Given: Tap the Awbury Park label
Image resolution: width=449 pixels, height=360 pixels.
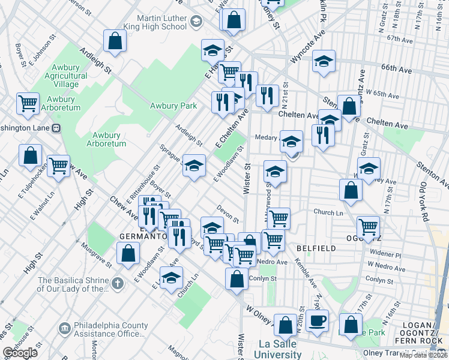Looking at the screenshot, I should [x=173, y=106].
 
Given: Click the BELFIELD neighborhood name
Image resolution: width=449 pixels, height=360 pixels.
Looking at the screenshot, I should [x=311, y=248].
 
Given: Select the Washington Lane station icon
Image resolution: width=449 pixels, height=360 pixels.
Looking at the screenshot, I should [x=56, y=128].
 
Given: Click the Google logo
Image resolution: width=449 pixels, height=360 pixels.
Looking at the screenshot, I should [x=20, y=353].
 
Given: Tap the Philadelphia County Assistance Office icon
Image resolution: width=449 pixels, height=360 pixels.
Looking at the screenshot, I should [x=65, y=329].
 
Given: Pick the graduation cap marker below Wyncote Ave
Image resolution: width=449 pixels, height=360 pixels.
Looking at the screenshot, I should [x=324, y=61].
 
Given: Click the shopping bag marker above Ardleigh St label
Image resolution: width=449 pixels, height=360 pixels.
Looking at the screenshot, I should [x=114, y=41].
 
